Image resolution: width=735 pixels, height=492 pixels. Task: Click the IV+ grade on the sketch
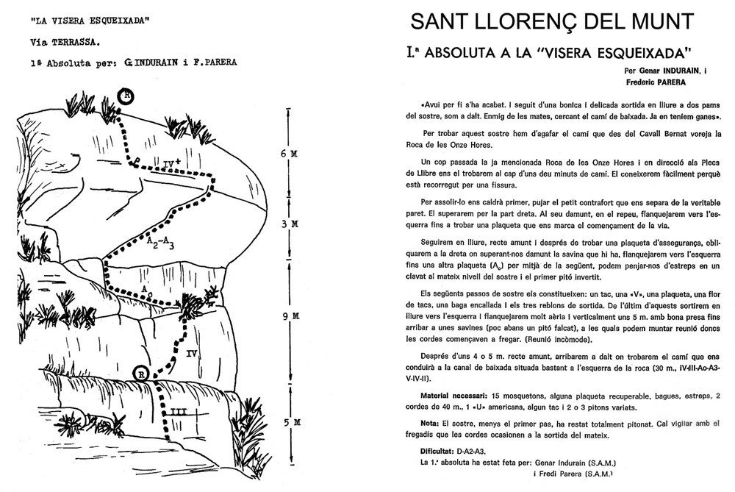(172, 158)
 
